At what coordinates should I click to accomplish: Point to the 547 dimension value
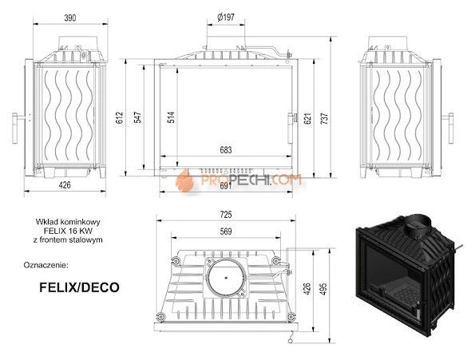click(139, 117)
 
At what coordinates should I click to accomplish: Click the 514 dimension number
click(170, 117)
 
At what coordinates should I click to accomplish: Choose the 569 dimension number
click(225, 232)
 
